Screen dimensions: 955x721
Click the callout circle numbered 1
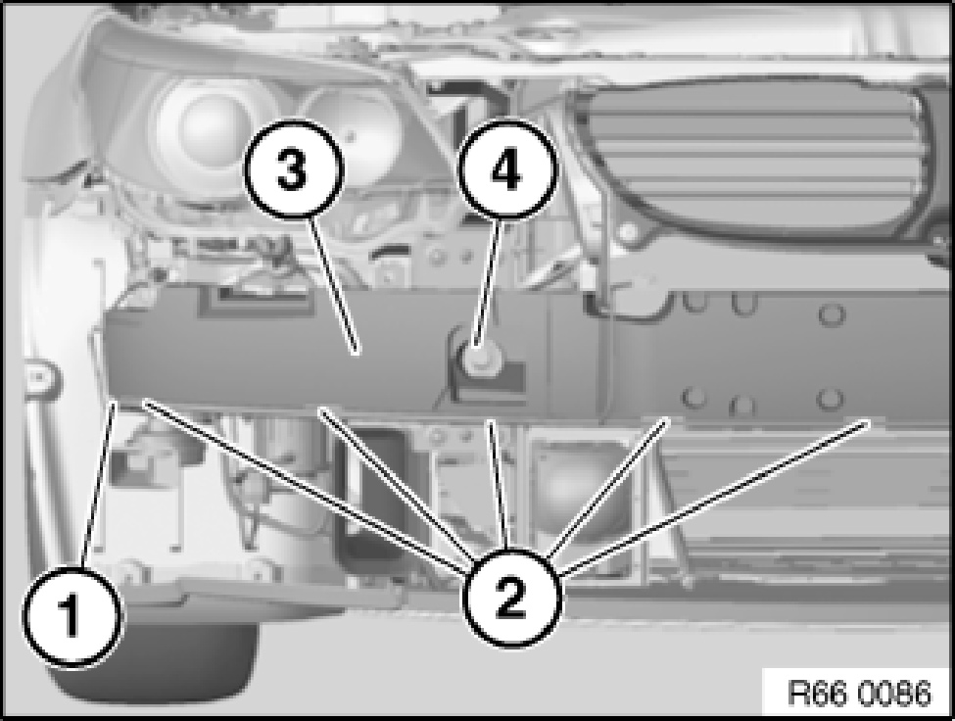(72, 615)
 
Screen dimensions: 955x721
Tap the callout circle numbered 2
(511, 599)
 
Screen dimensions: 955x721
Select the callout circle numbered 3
(293, 168)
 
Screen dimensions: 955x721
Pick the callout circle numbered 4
(507, 169)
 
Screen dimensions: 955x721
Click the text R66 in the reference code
(818, 693)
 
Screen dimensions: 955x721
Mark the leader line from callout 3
(333, 285)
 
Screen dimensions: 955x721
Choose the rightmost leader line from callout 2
(713, 497)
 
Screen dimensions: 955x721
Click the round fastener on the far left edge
(39, 377)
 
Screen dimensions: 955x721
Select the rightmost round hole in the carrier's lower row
(828, 400)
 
